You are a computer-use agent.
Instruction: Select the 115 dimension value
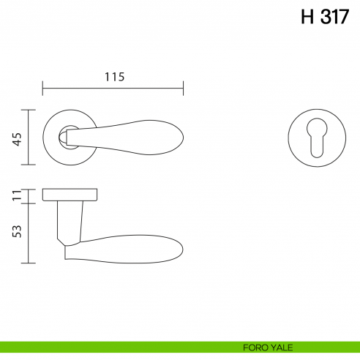tap(113, 76)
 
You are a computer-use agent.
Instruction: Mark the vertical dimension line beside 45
tap(29, 138)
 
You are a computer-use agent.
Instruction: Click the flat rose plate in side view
tap(70, 194)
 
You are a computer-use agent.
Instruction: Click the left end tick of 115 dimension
tap(43, 90)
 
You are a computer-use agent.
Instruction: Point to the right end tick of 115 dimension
tap(183, 90)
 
